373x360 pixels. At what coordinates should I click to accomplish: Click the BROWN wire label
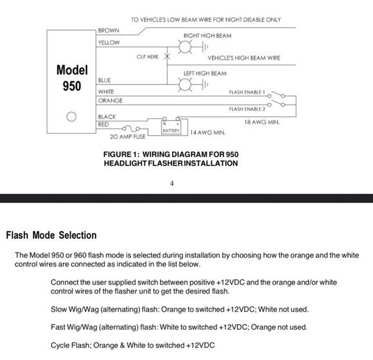(108, 30)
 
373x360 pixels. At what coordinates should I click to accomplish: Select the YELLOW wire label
(108, 43)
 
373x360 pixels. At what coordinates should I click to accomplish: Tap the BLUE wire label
(104, 81)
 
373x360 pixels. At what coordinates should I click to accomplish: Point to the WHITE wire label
(106, 92)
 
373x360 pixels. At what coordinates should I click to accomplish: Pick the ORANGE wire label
(110, 101)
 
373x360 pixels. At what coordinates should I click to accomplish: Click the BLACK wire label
(107, 117)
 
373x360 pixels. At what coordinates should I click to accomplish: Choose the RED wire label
(103, 124)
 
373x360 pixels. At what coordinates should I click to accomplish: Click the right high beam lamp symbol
(186, 47)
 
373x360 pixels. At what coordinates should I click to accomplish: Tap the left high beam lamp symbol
(186, 86)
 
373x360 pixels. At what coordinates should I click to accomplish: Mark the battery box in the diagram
(170, 127)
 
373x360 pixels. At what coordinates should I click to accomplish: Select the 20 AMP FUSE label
(129, 137)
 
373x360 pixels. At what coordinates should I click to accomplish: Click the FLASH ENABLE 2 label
(247, 109)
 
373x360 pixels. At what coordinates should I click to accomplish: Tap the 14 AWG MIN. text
(208, 133)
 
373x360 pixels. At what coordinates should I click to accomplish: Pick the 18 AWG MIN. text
(263, 122)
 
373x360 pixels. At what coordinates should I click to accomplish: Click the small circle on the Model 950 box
(72, 117)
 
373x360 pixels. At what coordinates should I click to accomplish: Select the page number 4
(172, 183)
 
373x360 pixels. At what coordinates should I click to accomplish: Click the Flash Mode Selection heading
(51, 235)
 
